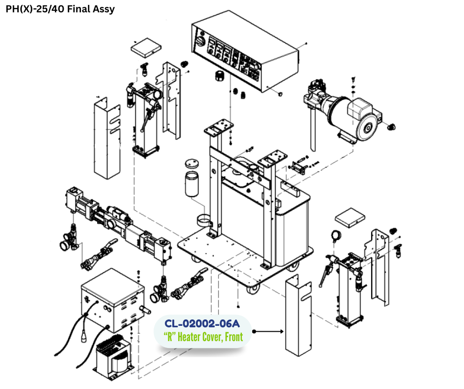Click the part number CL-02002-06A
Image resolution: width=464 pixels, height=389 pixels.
coord(202,323)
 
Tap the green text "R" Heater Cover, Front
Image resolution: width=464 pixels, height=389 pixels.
coord(203,337)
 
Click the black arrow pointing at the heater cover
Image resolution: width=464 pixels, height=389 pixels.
coord(268,331)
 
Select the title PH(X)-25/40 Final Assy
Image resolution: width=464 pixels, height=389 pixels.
coord(60,9)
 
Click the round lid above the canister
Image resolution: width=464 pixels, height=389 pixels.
coord(192,164)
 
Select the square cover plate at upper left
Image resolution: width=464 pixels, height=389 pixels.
coord(146,48)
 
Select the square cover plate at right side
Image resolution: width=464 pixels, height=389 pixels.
coord(350,218)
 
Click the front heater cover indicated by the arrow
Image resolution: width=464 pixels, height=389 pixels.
coord(299,315)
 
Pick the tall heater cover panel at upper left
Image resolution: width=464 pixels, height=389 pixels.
coord(107,138)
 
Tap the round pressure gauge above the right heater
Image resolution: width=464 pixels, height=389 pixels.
coord(336,236)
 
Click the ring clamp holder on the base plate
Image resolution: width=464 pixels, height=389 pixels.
coord(205,221)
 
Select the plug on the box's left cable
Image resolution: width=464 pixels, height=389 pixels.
coord(84,337)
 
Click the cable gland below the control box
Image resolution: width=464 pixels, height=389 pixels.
coord(220,76)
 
